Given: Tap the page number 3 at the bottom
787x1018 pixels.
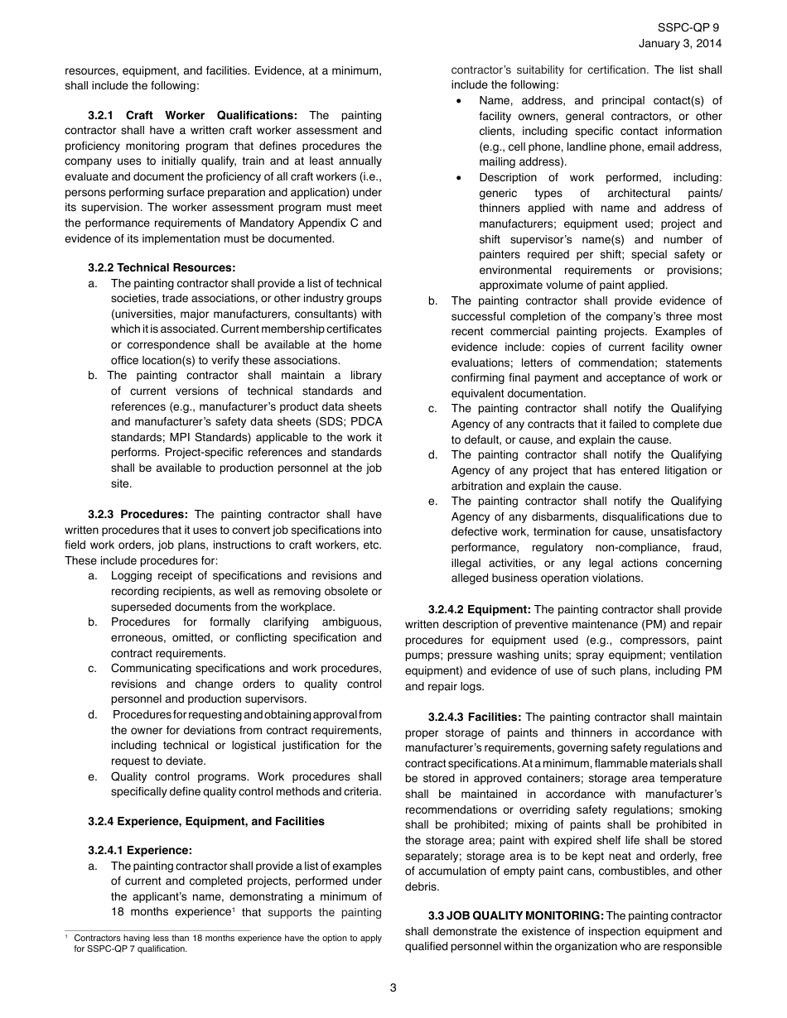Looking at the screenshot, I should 393,987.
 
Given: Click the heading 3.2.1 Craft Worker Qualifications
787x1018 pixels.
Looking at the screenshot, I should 192,115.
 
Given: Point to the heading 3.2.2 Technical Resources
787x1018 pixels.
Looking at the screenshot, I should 162,267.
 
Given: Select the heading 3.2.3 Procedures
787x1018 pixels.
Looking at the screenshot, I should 138,514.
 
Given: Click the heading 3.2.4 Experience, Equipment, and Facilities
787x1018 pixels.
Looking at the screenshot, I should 206,821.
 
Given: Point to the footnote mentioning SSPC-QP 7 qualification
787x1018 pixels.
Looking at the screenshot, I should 224,944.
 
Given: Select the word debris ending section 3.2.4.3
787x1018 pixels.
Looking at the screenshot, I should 422,886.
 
